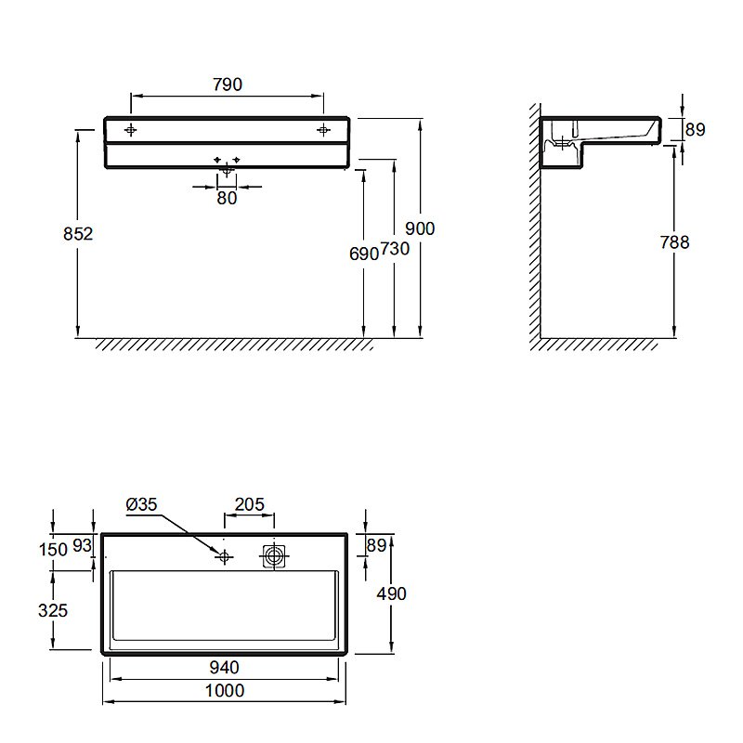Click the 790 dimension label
coord(228,85)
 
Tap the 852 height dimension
coord(78,234)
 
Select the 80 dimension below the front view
coord(227,198)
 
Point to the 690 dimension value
coord(364,254)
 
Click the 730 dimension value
coord(395,249)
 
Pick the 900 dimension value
coord(420,228)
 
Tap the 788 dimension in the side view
coord(675,242)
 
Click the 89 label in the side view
coord(695,129)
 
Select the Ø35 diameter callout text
coord(142,504)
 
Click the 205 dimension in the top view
coord(250,504)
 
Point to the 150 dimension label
coord(53,550)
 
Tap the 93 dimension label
coord(82,546)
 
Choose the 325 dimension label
coord(53,610)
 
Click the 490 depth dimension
coord(391,593)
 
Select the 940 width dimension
coord(225,668)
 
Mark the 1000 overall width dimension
coord(225,691)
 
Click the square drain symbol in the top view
coord(274,556)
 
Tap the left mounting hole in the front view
coord(131,130)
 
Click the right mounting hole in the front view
coord(323,130)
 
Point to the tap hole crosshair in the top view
coord(224,556)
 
